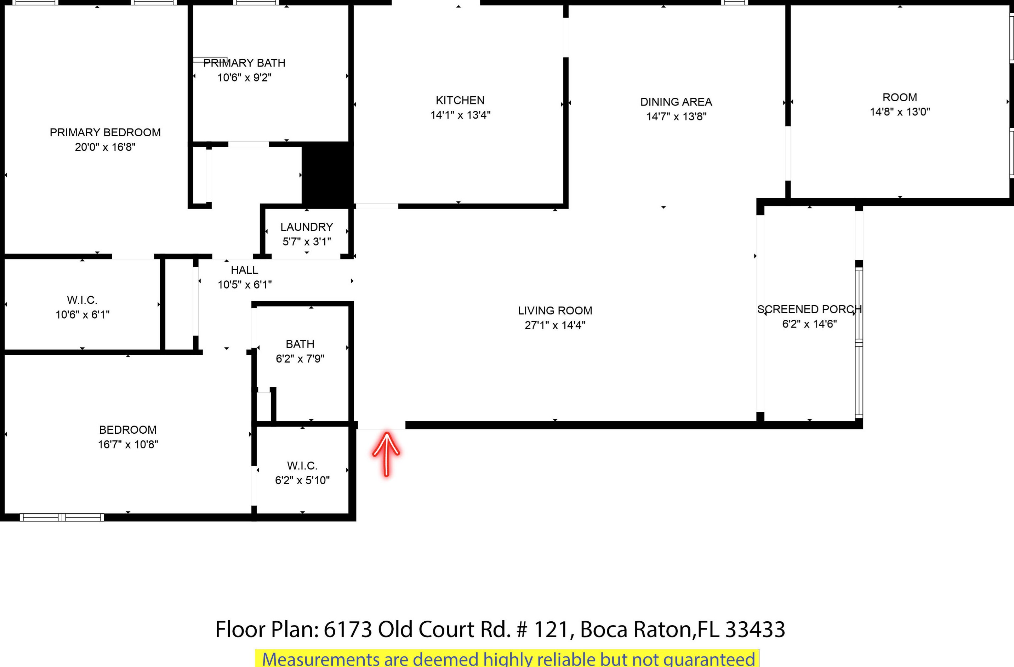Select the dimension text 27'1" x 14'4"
point(555,325)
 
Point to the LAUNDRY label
point(306,227)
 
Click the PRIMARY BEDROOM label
point(105,132)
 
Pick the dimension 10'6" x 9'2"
point(244,78)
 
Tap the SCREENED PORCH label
point(809,309)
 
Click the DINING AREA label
point(676,102)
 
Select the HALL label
point(244,270)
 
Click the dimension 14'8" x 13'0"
point(899,112)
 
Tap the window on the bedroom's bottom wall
point(62,518)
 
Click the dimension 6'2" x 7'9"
point(300,359)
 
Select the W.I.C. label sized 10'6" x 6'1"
point(82,300)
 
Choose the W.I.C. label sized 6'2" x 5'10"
point(302,466)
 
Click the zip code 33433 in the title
point(754,629)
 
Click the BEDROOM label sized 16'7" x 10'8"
point(128,430)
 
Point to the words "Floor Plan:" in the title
point(267,629)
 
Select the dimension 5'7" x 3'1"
point(306,241)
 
